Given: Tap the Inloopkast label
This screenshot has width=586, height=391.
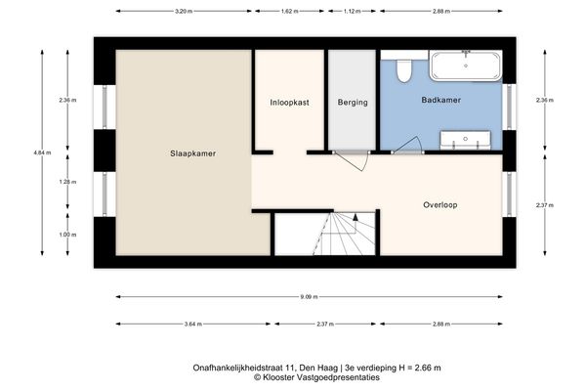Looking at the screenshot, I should [289, 102].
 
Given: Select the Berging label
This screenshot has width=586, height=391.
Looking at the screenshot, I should [352, 102].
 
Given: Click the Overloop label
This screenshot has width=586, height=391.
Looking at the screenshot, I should [440, 205].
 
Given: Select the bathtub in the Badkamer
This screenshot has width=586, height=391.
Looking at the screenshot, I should [466, 67].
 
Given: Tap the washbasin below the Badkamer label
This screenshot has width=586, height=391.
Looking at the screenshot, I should [463, 142].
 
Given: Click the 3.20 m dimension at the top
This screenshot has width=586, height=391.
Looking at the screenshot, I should [183, 12].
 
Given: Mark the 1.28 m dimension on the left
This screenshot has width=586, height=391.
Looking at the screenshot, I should [66, 182].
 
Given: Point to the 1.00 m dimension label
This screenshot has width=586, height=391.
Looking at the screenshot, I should [66, 234].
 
